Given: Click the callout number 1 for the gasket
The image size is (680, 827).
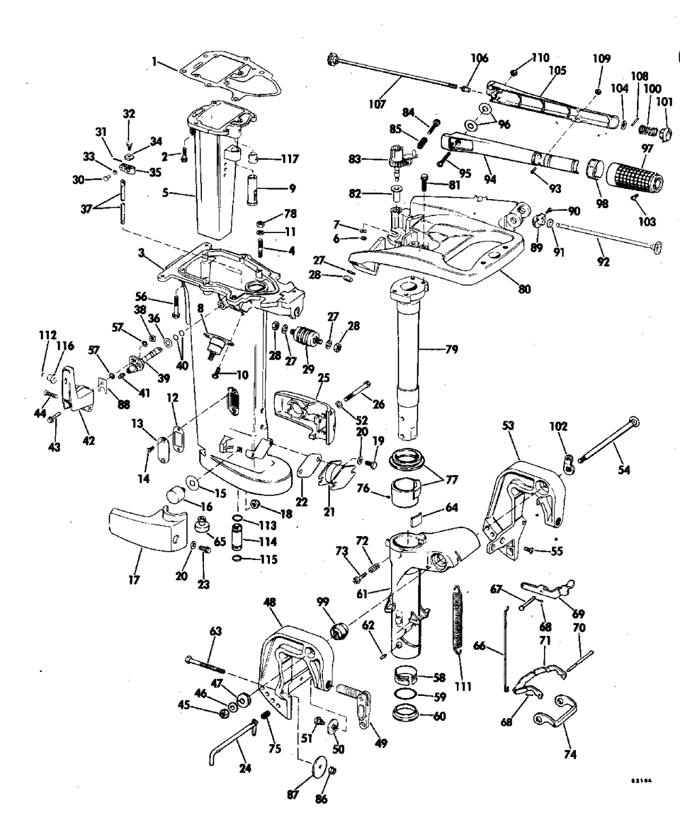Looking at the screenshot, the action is tap(154, 62).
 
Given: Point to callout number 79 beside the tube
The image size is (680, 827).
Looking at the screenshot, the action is tap(452, 349).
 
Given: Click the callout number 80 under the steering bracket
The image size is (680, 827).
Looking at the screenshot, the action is tap(524, 289).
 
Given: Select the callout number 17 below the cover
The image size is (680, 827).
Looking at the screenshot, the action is tap(134, 580).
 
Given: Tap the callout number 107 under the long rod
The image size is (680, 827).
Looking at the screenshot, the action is tap(377, 105).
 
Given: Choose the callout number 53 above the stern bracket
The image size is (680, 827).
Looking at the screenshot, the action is tap(508, 426).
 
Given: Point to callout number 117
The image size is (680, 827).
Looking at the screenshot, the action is tap(290, 159).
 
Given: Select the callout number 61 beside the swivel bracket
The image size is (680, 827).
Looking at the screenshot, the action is tap(362, 594).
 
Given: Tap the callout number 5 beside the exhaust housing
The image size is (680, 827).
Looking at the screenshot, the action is tap(166, 193).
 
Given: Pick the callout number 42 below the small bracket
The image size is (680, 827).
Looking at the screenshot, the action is tap(89, 441).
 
